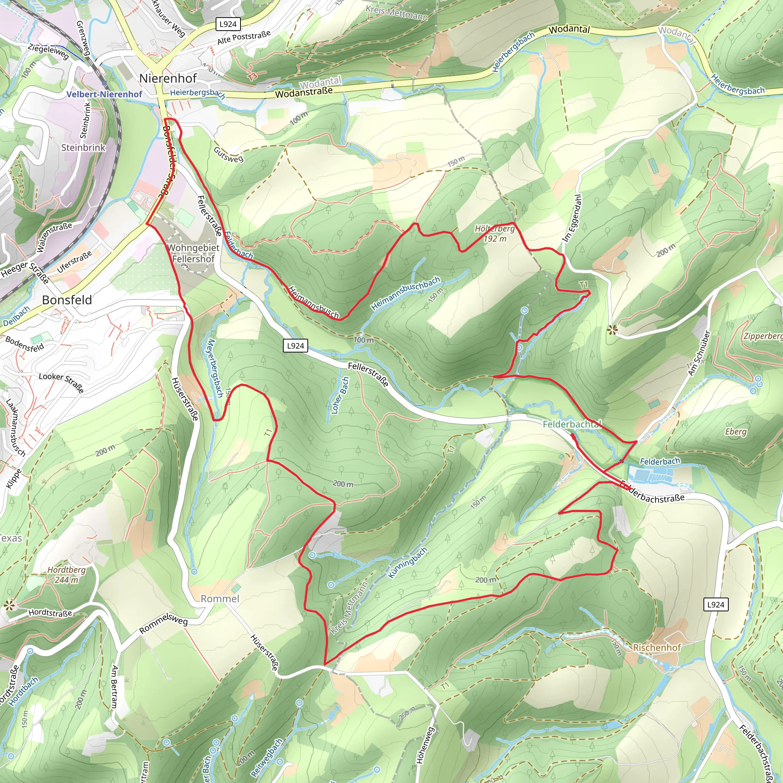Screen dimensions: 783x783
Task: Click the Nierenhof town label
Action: pyautogui.click(x=168, y=78)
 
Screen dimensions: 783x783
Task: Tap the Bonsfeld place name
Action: pyautogui.click(x=67, y=300)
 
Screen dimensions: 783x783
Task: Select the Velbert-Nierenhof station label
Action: pyautogui.click(x=104, y=94)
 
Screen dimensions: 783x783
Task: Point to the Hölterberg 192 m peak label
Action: pyautogui.click(x=494, y=234)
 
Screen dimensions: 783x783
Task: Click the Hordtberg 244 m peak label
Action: pyautogui.click(x=67, y=575)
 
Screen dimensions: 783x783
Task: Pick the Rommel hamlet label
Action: pyautogui.click(x=220, y=599)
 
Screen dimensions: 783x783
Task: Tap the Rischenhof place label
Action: pyautogui.click(x=657, y=647)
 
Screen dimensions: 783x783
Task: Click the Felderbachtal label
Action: pyautogui.click(x=572, y=424)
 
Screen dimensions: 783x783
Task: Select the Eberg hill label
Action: pyautogui.click(x=736, y=431)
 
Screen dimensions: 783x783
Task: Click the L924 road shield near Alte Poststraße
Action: pyautogui.click(x=228, y=24)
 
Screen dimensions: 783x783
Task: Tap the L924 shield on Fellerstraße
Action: pyautogui.click(x=296, y=346)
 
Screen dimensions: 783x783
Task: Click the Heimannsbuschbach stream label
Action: pyautogui.click(x=405, y=293)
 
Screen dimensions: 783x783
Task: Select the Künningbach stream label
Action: pyautogui.click(x=408, y=563)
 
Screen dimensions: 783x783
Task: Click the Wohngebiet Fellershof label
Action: pyautogui.click(x=193, y=253)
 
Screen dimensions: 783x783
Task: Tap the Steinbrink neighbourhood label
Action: pyautogui.click(x=83, y=148)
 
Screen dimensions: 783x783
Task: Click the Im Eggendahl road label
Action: pyautogui.click(x=572, y=218)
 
